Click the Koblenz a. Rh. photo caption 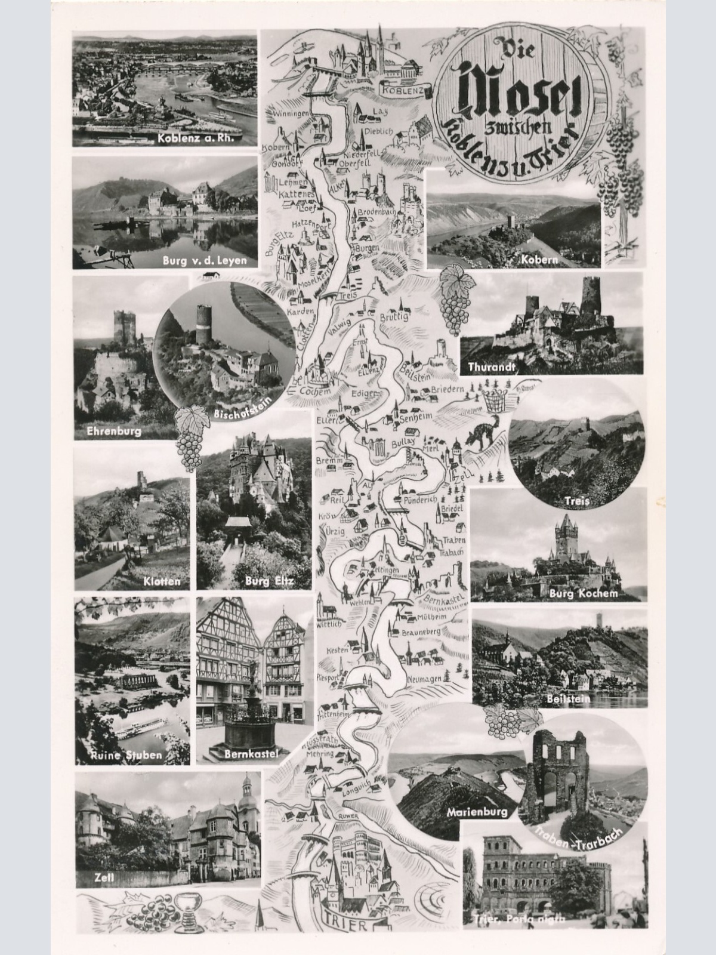tap(199, 139)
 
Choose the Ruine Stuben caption tap(127, 755)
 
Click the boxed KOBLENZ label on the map tap(403, 90)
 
